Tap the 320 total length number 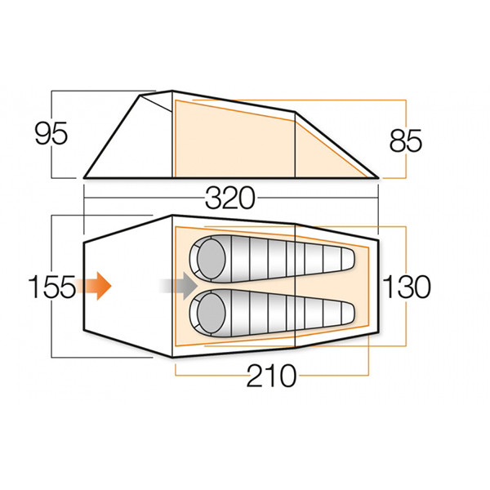pyautogui.click(x=231, y=198)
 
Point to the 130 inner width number pyautogui.click(x=406, y=287)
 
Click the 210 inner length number pyautogui.click(x=270, y=376)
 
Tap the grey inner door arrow pyautogui.click(x=178, y=286)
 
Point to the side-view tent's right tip pyautogui.click(x=379, y=176)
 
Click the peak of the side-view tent pyautogui.click(x=171, y=91)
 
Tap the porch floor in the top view pyautogui.click(x=127, y=286)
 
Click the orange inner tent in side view pyautogui.click(x=237, y=143)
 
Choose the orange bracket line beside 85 pyautogui.click(x=406, y=114)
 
